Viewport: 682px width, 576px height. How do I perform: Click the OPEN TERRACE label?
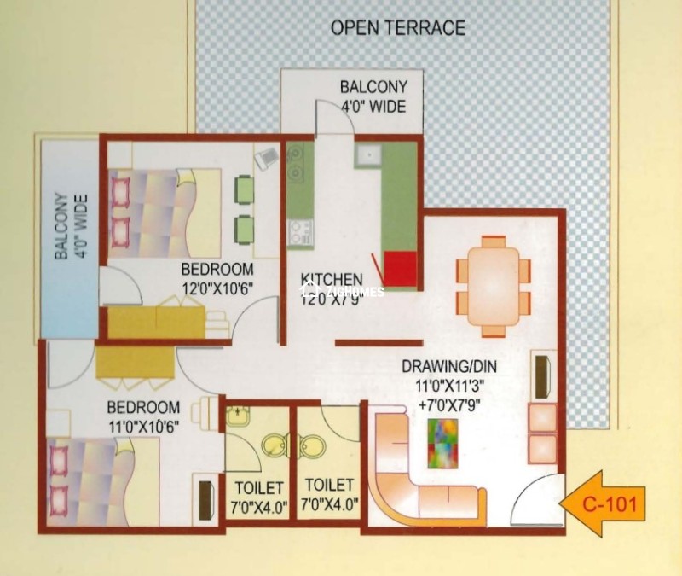[397, 27]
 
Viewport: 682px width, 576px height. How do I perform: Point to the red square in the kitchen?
[399, 269]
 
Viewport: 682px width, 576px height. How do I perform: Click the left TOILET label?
[257, 488]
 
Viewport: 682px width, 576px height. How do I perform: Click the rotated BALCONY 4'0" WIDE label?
[70, 237]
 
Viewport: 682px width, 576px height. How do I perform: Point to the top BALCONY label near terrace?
[373, 88]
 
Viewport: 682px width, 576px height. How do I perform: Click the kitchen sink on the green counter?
[368, 156]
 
